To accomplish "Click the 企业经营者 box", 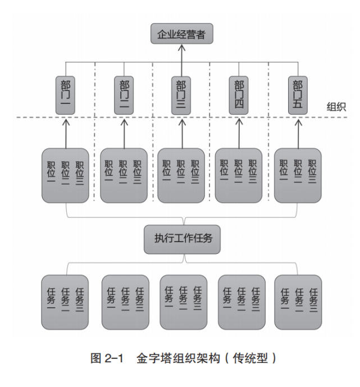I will (x=181, y=34).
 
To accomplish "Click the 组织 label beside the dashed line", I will (x=336, y=107).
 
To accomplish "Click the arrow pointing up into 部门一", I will (x=65, y=130).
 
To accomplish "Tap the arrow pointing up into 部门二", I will (x=124, y=130).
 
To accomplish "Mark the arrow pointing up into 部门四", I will (x=239, y=130).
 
